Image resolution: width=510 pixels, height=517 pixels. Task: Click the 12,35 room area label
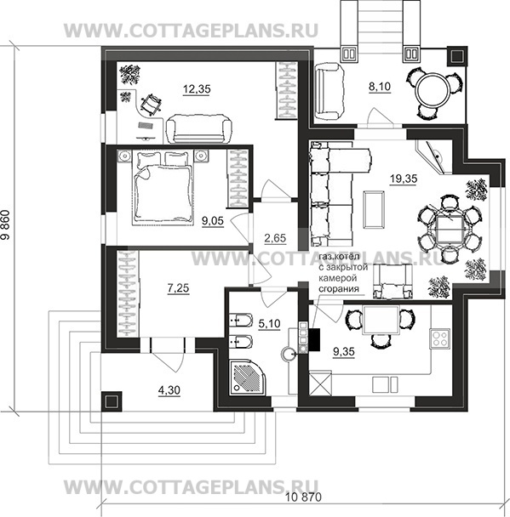(197, 89)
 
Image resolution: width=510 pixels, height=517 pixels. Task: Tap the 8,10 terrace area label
(379, 87)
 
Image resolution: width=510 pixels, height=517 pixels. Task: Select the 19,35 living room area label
(404, 179)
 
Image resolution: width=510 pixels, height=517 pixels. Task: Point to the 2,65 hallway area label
(275, 238)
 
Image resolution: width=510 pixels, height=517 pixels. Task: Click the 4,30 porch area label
(169, 390)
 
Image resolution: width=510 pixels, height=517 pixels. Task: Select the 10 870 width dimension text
(303, 497)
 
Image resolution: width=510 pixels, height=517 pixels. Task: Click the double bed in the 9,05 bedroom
(162, 187)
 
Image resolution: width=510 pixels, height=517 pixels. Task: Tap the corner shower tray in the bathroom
(249, 377)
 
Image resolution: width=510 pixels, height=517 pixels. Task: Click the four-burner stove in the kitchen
(439, 338)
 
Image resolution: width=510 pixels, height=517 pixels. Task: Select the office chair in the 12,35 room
(151, 105)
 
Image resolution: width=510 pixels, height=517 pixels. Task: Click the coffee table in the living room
(374, 209)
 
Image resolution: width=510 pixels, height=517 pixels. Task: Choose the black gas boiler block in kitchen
(314, 339)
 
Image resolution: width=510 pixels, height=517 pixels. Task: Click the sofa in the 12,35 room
(198, 128)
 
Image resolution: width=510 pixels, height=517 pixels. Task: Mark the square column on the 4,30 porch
(112, 401)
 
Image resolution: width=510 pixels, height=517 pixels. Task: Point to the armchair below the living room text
(393, 281)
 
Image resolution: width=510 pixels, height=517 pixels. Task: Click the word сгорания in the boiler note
(339, 289)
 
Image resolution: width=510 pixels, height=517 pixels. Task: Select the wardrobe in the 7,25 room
(128, 293)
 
